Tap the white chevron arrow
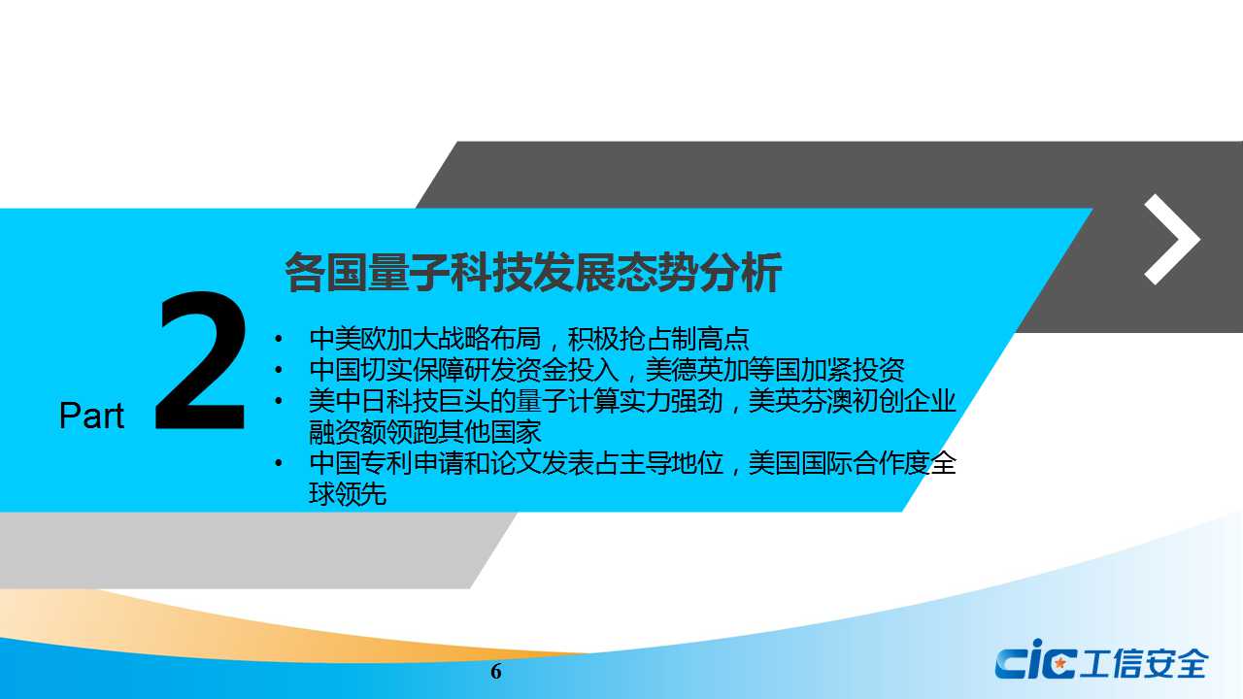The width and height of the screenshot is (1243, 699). pos(1172,239)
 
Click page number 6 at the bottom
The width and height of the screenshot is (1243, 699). pos(496,671)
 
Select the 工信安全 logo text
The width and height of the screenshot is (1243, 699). pos(1144,663)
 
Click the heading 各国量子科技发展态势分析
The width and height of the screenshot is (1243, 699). pos(533,272)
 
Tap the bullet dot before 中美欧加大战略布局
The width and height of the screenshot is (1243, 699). pos(279,339)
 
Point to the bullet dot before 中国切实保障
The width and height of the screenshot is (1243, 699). pos(279,370)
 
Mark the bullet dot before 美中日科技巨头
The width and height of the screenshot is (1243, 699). pos(279,401)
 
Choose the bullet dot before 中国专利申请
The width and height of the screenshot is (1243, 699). pos(279,463)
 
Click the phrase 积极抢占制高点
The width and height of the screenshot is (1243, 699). pos(658,339)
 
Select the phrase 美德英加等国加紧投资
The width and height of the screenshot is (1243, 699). pos(775,370)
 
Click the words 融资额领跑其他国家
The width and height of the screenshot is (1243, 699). pos(425,432)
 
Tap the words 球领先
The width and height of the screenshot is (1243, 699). pos(348,494)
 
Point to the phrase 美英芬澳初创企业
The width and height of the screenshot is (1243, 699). pos(853,401)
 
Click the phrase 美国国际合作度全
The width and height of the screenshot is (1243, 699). pos(853,463)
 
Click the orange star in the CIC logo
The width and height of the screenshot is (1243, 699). pos(1059,662)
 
